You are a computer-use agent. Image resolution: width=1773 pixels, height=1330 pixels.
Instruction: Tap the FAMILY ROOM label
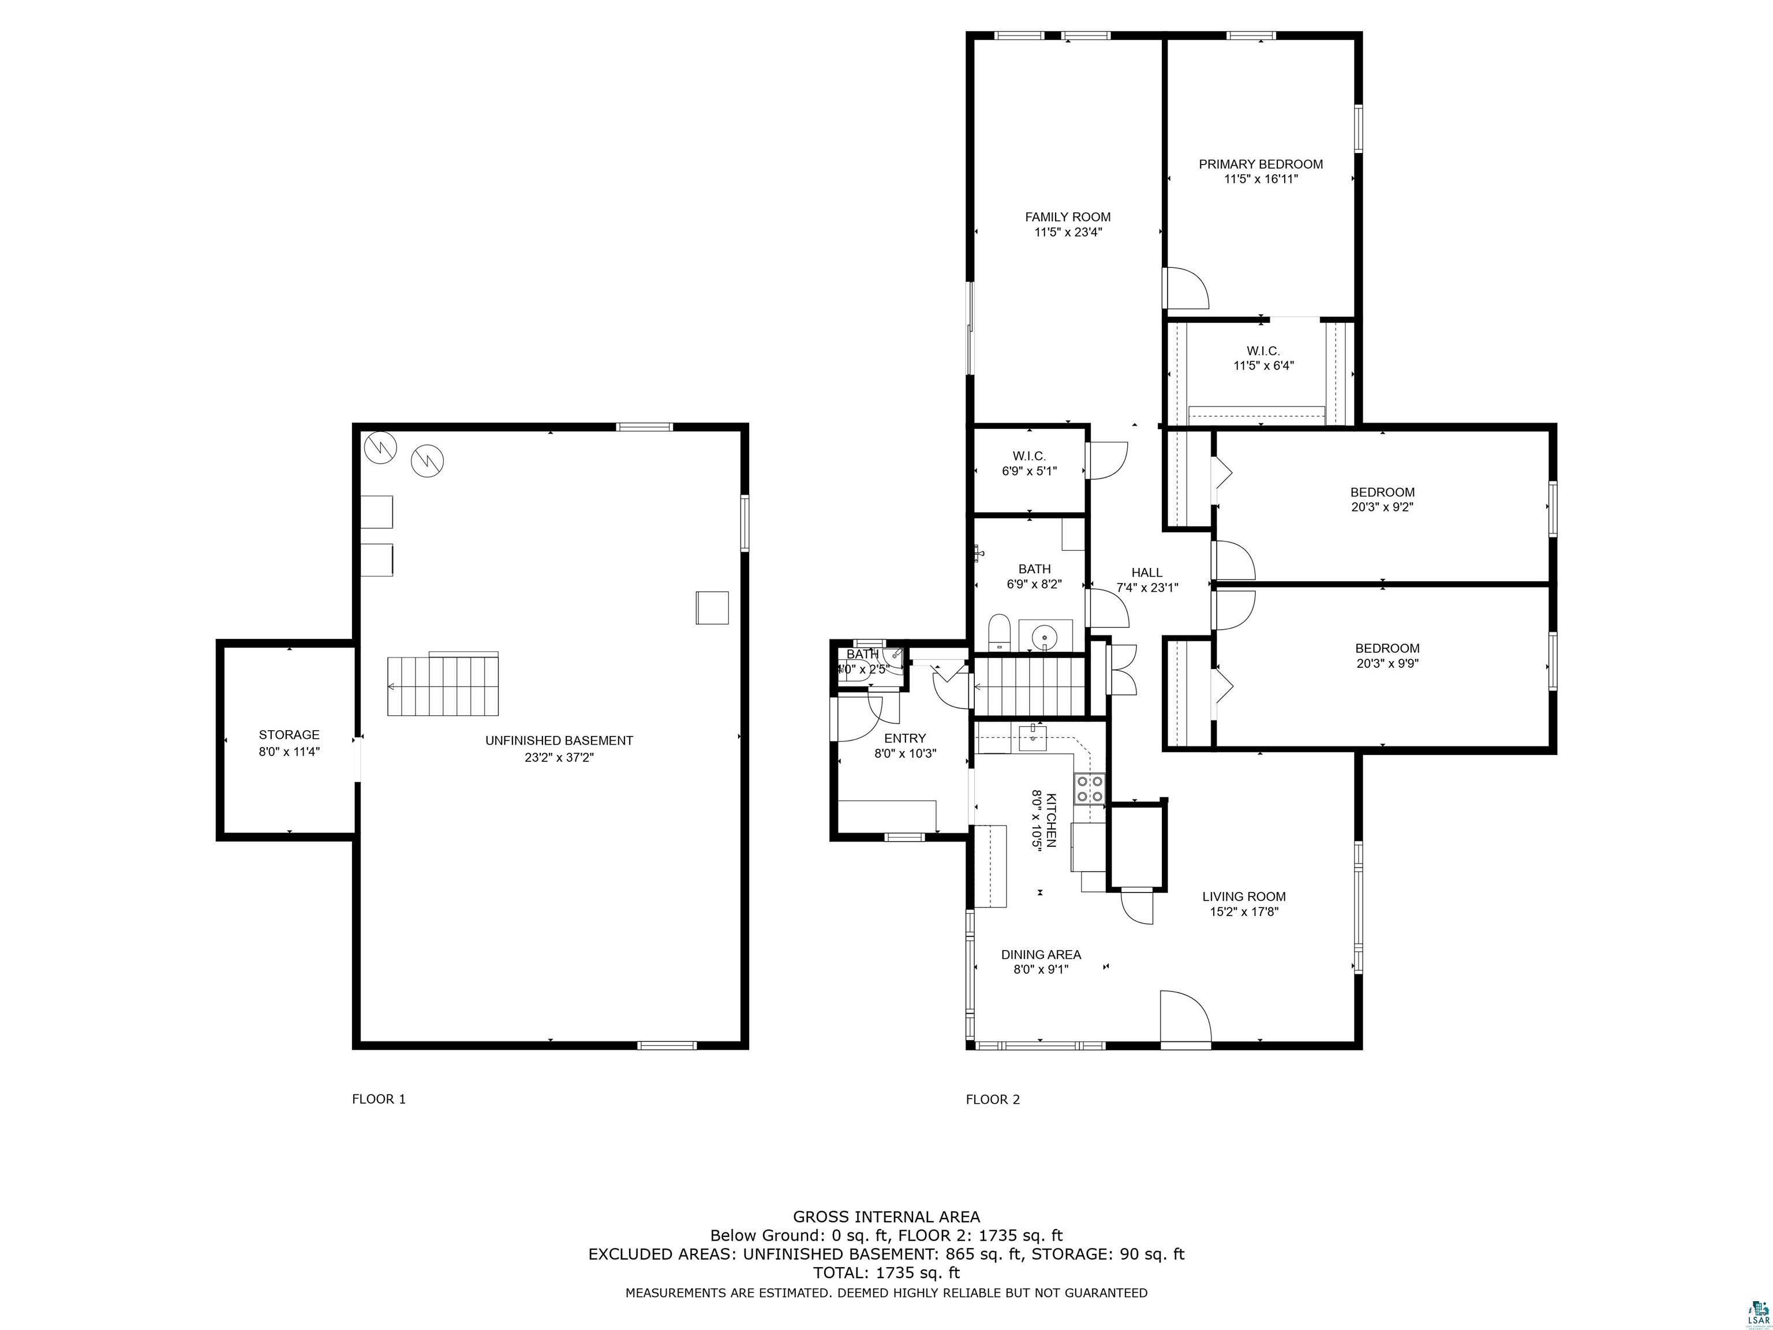(x=1068, y=216)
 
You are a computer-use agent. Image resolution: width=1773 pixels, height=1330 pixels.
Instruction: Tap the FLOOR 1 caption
(x=379, y=1099)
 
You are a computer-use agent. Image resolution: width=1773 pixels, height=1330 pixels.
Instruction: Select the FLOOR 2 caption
(x=993, y=1099)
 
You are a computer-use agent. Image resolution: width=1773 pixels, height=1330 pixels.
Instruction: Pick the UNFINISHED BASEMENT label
(x=559, y=741)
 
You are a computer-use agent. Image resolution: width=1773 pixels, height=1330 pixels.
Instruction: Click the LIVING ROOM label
(x=1244, y=896)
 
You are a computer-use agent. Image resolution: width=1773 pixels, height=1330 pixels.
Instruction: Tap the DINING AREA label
(x=1041, y=955)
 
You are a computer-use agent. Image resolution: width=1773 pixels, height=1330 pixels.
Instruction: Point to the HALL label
(x=1147, y=573)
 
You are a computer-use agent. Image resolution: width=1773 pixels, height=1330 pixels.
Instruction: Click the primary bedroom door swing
(x=1185, y=288)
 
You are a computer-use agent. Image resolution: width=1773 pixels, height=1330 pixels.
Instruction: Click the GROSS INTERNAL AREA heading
(x=886, y=1217)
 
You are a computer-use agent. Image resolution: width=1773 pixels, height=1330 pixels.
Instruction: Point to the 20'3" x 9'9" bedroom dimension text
(x=1387, y=663)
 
